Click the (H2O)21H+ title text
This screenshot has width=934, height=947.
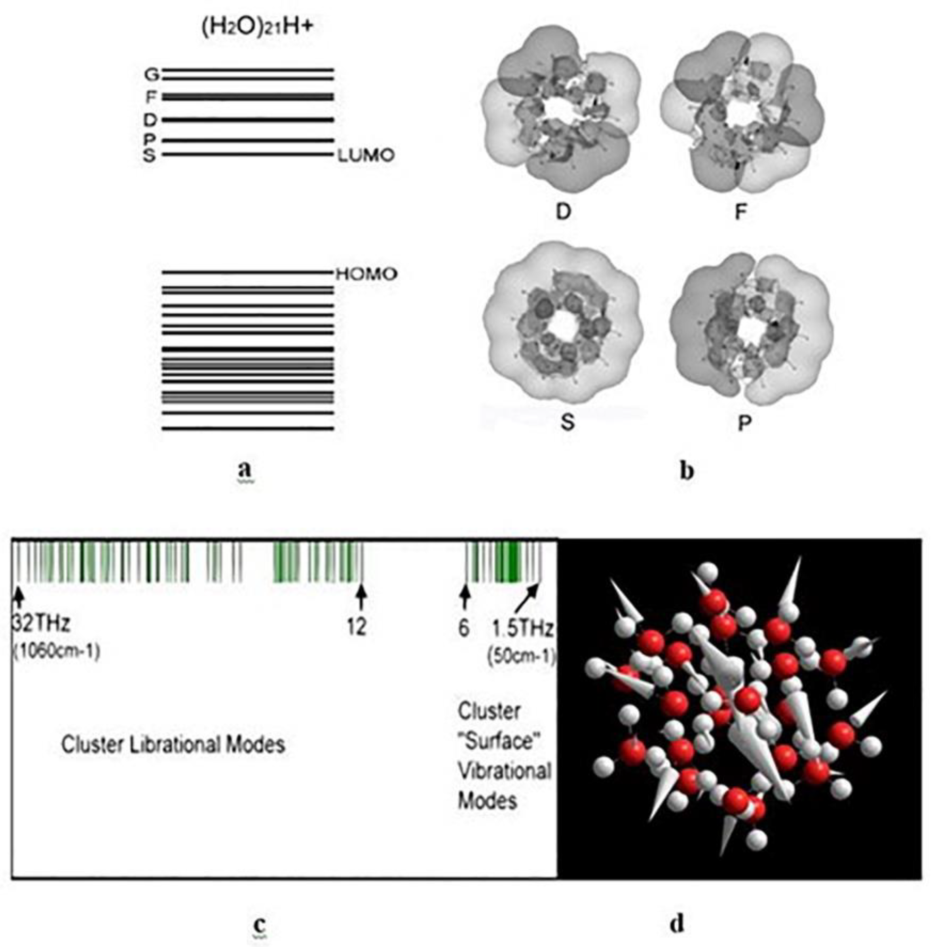[x=256, y=27]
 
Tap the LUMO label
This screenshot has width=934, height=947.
[x=366, y=155]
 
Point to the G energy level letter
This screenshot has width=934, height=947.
[x=152, y=74]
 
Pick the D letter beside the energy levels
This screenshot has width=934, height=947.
[x=150, y=119]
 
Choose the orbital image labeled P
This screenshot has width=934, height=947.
[x=749, y=329]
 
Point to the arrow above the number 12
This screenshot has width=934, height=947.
[x=361, y=597]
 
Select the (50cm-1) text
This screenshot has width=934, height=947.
[x=521, y=655]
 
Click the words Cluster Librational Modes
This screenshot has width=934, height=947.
[x=173, y=744]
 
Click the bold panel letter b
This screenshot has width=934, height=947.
[x=687, y=471]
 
